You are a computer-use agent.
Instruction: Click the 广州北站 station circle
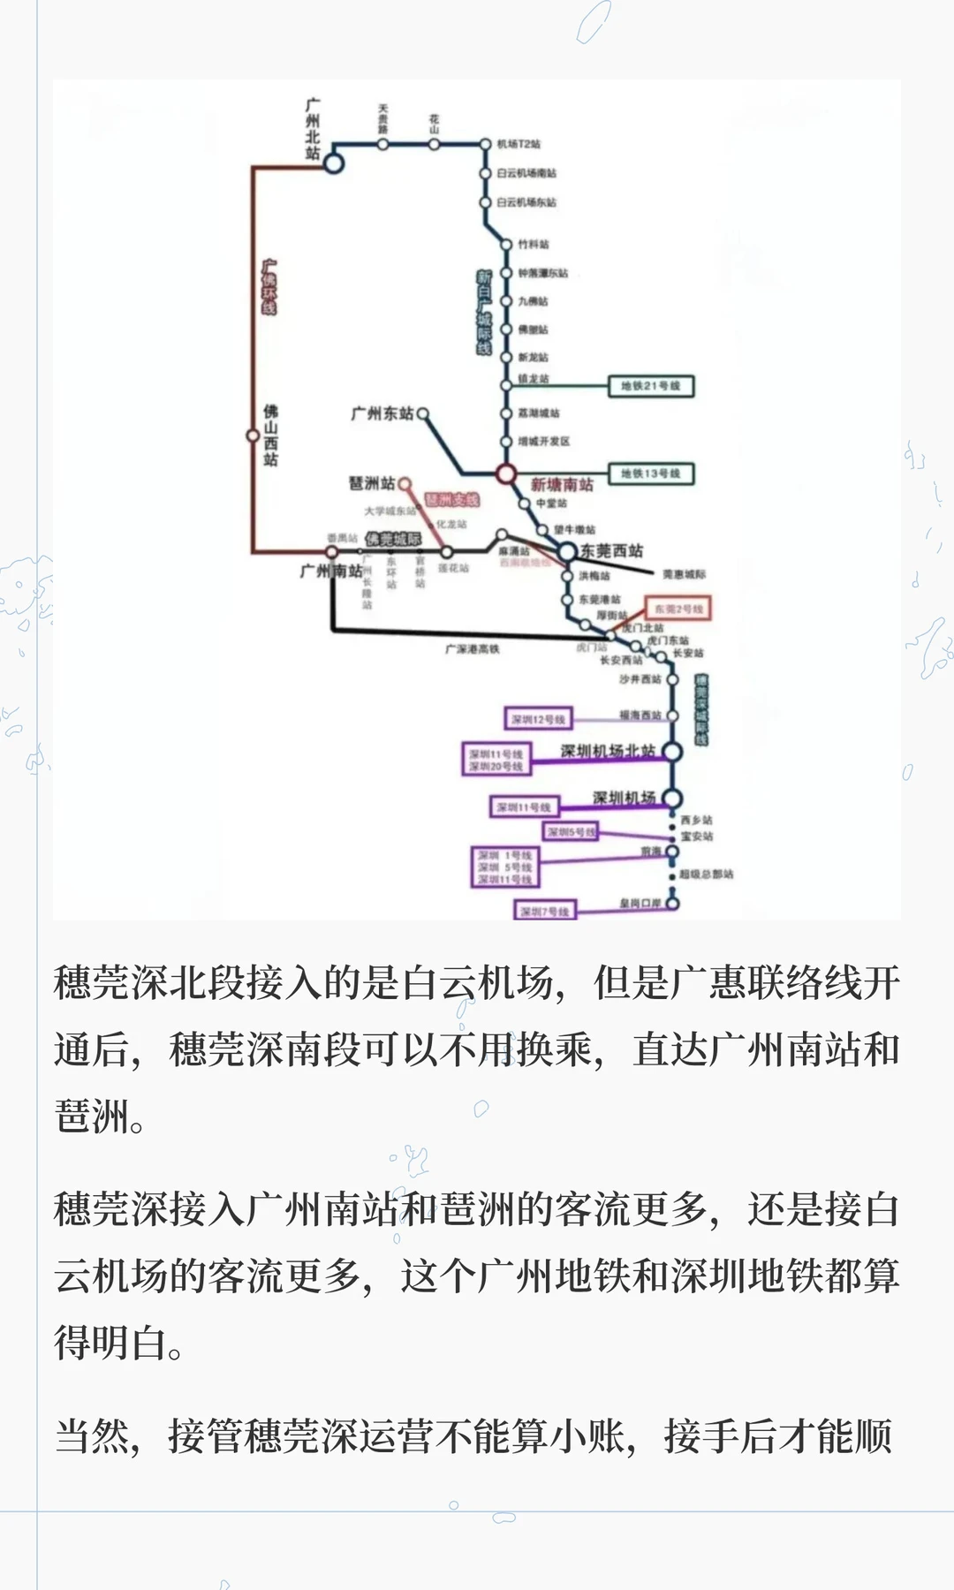pos(333,163)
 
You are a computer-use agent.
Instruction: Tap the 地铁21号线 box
pos(651,386)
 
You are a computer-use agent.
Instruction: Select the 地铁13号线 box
pos(651,473)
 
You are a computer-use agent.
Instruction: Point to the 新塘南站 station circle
pos(505,474)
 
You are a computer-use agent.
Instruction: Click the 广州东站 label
pos(382,413)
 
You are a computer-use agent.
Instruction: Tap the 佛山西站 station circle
pos(253,435)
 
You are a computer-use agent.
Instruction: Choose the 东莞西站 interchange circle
pos(566,552)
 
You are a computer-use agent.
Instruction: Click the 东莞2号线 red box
pos(678,609)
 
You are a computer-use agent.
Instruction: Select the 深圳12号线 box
pos(538,719)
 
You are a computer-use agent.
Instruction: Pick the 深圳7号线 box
pos(545,911)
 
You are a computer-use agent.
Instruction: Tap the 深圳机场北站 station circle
pos(672,752)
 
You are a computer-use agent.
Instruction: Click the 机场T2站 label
pos(519,144)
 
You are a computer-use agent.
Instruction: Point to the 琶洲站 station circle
pos(405,483)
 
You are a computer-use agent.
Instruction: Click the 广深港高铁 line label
pos(472,649)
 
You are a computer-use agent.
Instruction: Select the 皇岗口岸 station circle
pos(672,904)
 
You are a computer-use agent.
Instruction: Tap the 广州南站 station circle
pos(332,552)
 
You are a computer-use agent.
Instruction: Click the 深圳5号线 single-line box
pos(571,832)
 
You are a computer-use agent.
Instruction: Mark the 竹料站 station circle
pos(506,245)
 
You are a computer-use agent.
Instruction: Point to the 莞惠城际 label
pos(685,575)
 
